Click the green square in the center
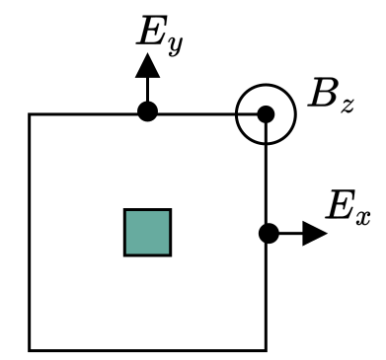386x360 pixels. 147,232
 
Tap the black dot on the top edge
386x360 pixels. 147,112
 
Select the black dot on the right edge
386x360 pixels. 267,234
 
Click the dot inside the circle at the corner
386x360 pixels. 266,113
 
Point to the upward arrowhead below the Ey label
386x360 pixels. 147,66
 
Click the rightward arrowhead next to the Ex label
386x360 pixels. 313,234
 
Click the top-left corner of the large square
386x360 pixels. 30,114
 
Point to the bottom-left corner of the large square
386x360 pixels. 30,349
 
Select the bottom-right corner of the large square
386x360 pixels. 266,349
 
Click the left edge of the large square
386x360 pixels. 30,232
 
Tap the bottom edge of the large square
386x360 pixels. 147,349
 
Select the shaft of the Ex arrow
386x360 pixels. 288,234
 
